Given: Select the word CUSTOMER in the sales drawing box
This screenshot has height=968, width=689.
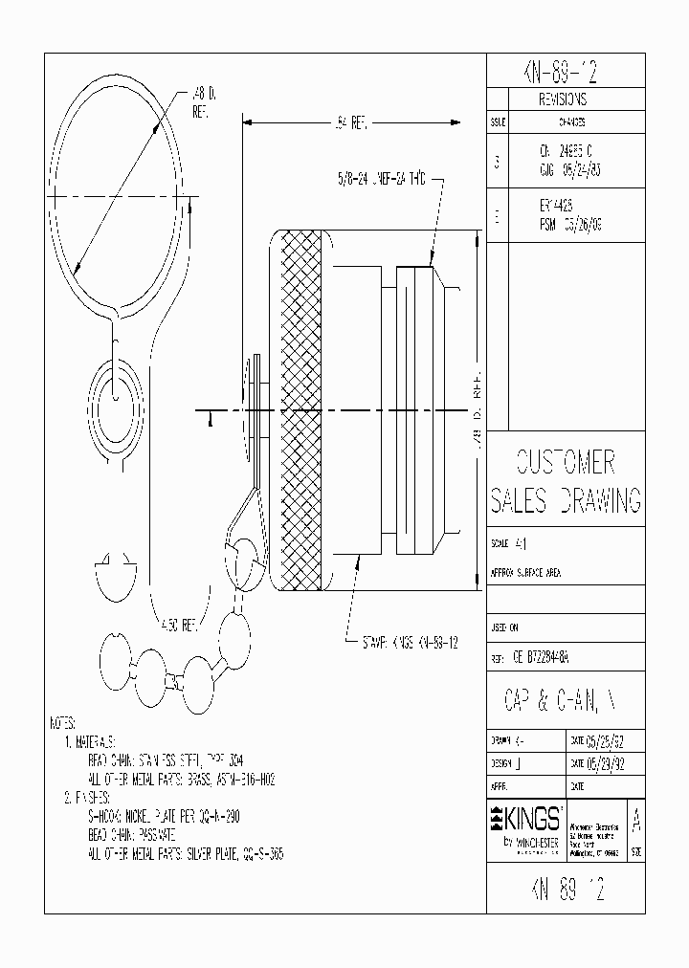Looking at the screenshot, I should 565,463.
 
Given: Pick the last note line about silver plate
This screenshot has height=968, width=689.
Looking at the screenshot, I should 185,852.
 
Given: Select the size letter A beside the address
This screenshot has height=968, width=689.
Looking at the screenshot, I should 637,822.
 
